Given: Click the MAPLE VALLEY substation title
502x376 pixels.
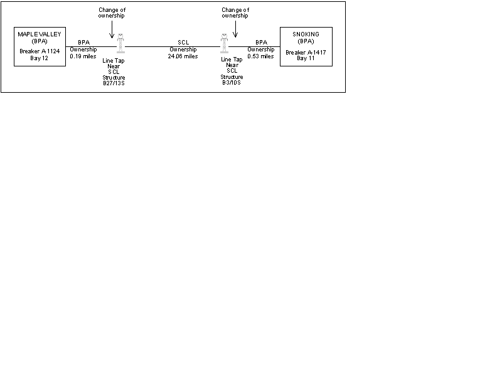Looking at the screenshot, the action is [x=40, y=34].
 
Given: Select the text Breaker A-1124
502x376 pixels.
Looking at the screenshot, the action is [x=40, y=51].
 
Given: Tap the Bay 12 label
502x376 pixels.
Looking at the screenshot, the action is [x=39, y=58].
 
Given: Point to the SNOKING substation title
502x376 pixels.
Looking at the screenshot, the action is [x=306, y=34].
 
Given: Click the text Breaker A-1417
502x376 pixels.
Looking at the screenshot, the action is [x=306, y=53].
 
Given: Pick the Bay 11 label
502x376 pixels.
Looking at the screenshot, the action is [x=306, y=58].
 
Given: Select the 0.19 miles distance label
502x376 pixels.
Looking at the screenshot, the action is [x=83, y=56].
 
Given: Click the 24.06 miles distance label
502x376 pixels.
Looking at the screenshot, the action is [x=183, y=56].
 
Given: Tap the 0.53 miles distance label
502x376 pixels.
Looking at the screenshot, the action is [x=260, y=56].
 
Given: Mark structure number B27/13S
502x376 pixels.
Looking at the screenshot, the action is [x=114, y=83].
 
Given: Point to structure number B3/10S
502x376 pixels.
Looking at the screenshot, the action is [x=232, y=83].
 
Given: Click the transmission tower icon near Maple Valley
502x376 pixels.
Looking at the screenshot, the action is [x=120, y=43].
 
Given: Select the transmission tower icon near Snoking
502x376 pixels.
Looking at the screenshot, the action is [x=225, y=43].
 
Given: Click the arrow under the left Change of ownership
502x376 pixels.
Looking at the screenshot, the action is [x=112, y=29].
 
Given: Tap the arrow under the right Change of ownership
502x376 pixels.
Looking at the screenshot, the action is [x=235, y=29].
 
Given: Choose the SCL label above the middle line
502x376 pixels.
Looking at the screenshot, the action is [x=183, y=43].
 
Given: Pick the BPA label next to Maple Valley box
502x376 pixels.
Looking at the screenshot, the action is [x=84, y=43].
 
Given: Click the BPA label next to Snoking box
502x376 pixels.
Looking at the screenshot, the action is [x=261, y=43].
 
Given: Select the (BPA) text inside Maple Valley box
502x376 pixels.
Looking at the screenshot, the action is [x=40, y=41].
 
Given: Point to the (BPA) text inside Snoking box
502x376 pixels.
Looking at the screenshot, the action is [x=306, y=41].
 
